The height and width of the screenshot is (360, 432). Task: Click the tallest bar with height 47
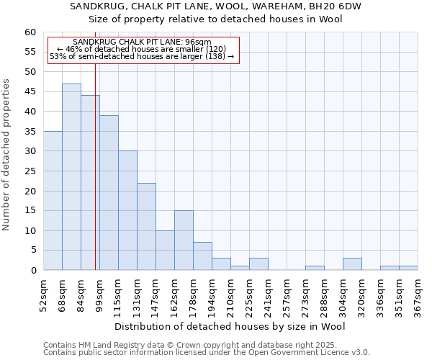[x=71, y=177]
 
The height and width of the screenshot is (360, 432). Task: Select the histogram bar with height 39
[x=109, y=193]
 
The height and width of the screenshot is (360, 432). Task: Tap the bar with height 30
[x=127, y=210]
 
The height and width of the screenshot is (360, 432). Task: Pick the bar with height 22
[x=146, y=227]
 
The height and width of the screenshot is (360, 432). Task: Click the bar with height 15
[x=184, y=240]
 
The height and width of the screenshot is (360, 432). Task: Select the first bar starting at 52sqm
[x=53, y=201]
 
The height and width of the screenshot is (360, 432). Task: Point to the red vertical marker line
[x=95, y=180]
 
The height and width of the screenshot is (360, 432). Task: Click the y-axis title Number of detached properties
[x=7, y=155]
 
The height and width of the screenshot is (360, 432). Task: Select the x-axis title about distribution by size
[x=230, y=327]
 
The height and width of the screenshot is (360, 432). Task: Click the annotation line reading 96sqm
[x=143, y=42]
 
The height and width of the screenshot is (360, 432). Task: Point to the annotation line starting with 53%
[x=142, y=56]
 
